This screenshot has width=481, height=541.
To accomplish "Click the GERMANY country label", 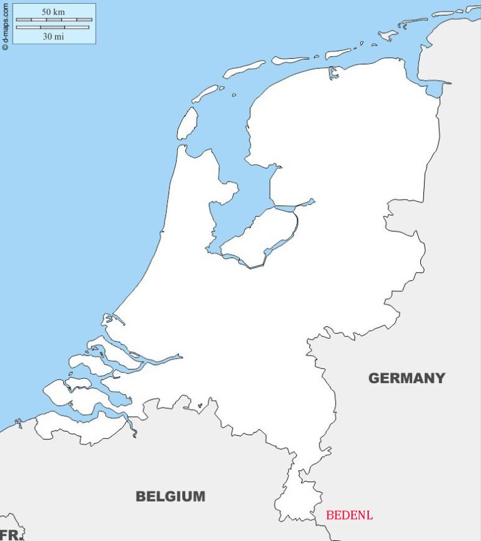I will pyautogui.click(x=406, y=378).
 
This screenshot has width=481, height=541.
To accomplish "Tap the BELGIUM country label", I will pyautogui.click(x=170, y=497).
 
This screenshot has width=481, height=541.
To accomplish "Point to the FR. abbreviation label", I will pyautogui.click(x=11, y=535).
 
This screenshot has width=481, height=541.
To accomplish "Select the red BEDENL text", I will pyautogui.click(x=349, y=515).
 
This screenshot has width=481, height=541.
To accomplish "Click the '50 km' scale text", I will pyautogui.click(x=53, y=12).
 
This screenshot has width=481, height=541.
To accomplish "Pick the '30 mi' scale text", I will pyautogui.click(x=53, y=36).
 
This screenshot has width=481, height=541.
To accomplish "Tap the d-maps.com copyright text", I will pyautogui.click(x=6, y=25).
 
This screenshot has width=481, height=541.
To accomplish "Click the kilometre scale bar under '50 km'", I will pyautogui.click(x=54, y=20).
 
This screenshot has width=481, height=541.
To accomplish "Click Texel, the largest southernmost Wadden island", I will pyautogui.click(x=187, y=123).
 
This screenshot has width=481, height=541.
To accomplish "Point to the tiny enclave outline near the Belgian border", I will pyautogui.click(x=200, y=405).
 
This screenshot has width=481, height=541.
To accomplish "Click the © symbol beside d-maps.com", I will pyautogui.click(x=6, y=46).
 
